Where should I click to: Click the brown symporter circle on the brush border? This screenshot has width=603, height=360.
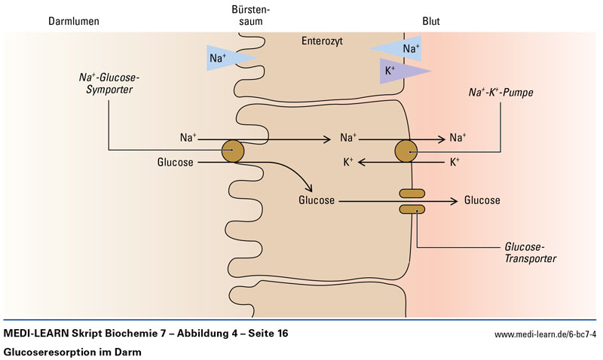tap(232, 151)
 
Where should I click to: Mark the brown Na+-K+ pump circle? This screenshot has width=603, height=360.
tap(406, 151)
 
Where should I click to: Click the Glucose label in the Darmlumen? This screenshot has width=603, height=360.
tap(176, 162)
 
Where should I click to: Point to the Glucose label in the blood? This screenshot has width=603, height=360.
tap(482, 200)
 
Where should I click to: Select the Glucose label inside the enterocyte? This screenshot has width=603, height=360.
tap(317, 200)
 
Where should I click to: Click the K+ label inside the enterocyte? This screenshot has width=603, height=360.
tap(348, 162)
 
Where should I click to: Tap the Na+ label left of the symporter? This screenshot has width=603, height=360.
tap(188, 138)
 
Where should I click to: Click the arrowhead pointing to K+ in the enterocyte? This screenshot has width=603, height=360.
tap(361, 162)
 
